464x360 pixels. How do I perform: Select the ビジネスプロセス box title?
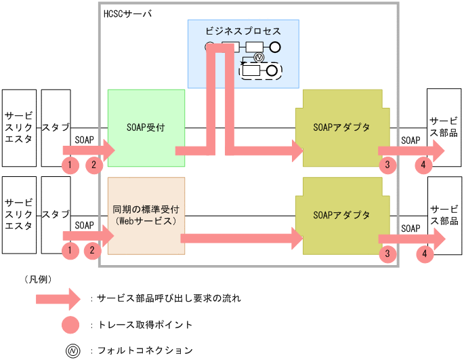(x=242, y=31)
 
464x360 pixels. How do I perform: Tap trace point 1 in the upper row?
(x=70, y=165)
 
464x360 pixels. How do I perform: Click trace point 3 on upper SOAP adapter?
(x=387, y=165)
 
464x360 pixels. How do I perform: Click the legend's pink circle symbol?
(x=71, y=324)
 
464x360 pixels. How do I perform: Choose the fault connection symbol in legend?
(x=71, y=351)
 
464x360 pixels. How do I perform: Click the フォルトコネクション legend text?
(x=145, y=351)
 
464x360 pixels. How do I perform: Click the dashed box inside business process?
(x=261, y=70)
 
